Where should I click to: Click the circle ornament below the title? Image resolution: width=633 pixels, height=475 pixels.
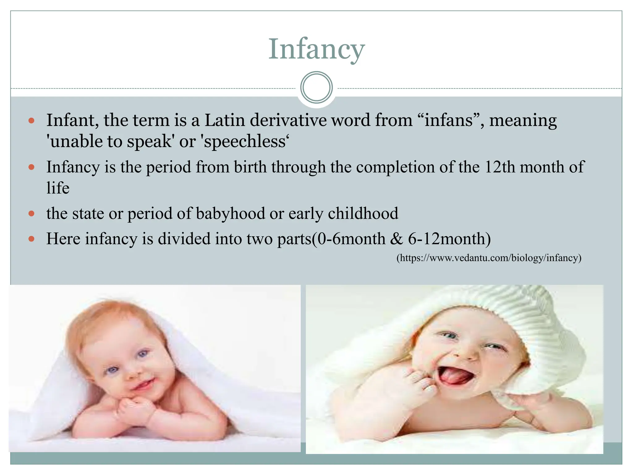tap(316, 88)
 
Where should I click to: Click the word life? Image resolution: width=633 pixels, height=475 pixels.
tap(58, 188)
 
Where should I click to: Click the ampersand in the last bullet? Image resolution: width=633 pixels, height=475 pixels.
tap(397, 239)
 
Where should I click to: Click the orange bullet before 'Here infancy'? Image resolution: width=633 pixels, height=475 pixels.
tap(31, 239)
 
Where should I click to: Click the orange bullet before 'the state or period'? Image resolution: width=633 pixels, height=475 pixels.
tap(31, 213)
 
